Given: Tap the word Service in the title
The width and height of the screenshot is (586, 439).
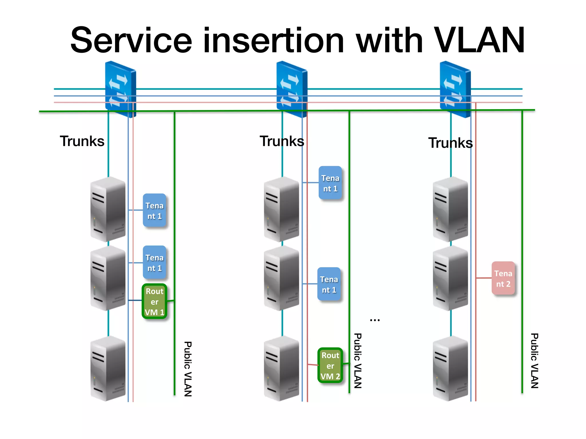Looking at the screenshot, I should [x=131, y=41].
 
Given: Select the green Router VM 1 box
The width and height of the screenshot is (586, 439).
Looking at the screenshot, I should [x=154, y=302].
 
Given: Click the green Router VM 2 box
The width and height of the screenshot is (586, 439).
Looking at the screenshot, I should [x=330, y=366].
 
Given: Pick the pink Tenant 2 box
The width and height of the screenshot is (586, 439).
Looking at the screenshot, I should [x=503, y=278].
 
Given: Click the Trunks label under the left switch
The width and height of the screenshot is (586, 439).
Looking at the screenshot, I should [x=82, y=141].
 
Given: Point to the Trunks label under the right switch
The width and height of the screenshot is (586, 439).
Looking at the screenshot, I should [x=450, y=143].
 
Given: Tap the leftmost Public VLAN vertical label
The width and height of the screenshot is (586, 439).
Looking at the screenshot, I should [x=188, y=369].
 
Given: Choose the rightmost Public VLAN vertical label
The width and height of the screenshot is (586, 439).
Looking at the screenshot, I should [x=534, y=361].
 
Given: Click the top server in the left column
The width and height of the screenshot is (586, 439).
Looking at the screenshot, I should [x=108, y=209].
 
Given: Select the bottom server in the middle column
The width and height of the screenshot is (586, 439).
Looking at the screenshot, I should [x=282, y=369].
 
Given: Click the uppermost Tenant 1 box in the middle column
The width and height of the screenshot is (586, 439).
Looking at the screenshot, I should [x=330, y=183].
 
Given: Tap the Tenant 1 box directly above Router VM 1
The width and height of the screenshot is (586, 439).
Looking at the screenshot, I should [x=154, y=262].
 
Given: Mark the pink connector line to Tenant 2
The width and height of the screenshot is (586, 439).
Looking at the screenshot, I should [x=484, y=278].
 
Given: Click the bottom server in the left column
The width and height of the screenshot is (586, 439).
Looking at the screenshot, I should [x=108, y=369].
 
